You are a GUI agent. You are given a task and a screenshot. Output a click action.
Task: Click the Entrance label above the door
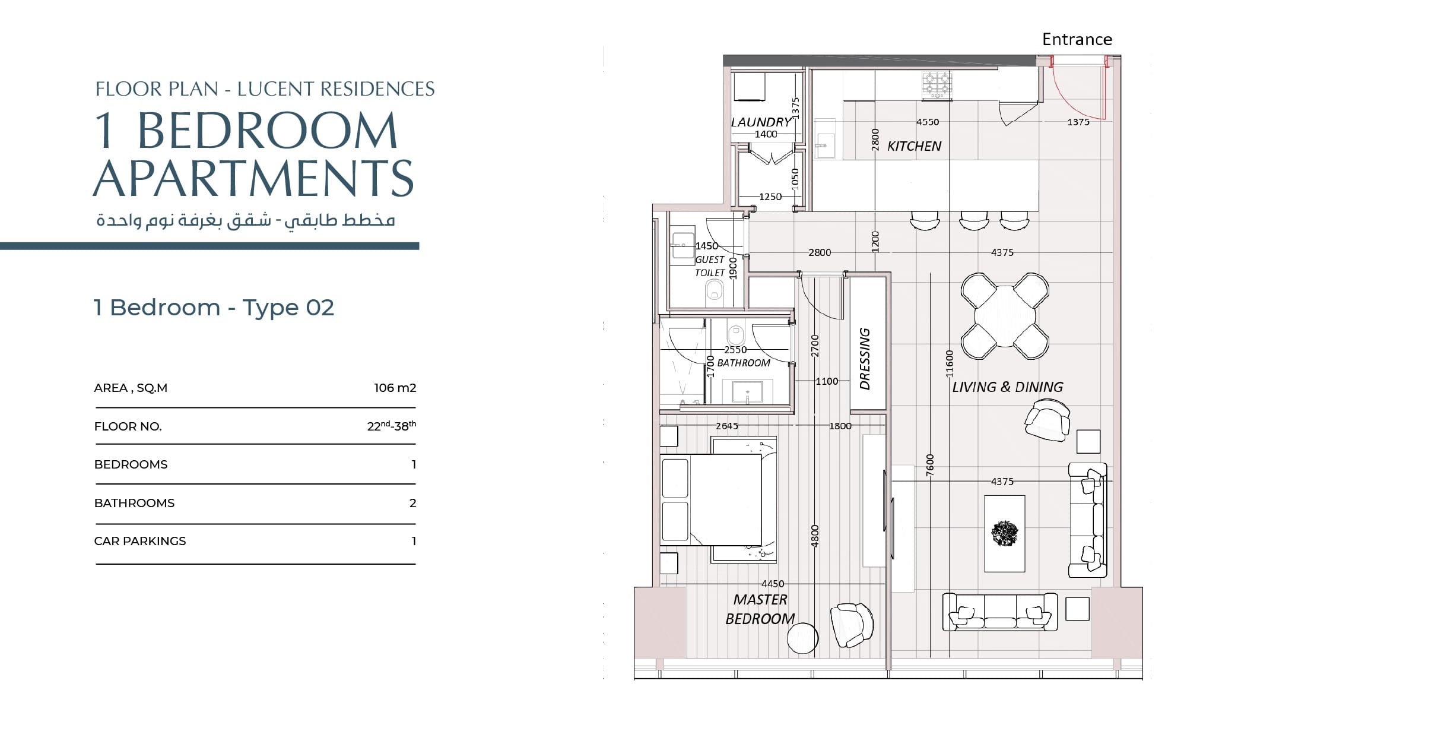1077,39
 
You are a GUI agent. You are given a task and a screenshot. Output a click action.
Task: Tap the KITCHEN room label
914,146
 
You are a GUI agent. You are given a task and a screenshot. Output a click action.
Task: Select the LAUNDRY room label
761,122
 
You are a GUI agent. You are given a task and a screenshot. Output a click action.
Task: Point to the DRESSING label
865,359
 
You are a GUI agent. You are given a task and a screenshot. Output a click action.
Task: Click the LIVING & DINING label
1007,387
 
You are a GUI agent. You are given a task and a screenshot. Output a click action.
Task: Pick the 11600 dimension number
949,363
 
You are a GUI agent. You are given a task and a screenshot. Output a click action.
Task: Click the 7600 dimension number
930,465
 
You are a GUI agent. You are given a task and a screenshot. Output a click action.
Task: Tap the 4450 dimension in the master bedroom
773,584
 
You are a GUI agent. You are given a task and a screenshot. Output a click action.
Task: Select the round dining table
1005,316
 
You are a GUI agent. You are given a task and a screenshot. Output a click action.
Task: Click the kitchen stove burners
937,85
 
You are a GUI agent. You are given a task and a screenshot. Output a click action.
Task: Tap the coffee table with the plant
1004,534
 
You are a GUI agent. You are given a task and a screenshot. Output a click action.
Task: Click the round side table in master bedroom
802,638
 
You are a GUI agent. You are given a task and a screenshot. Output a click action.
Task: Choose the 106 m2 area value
395,388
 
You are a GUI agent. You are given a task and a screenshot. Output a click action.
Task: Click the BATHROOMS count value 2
412,503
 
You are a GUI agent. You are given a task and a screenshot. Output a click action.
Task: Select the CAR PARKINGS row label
140,541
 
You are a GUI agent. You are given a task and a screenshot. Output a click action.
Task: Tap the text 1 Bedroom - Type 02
214,308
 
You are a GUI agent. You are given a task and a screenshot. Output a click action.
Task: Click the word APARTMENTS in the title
253,178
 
